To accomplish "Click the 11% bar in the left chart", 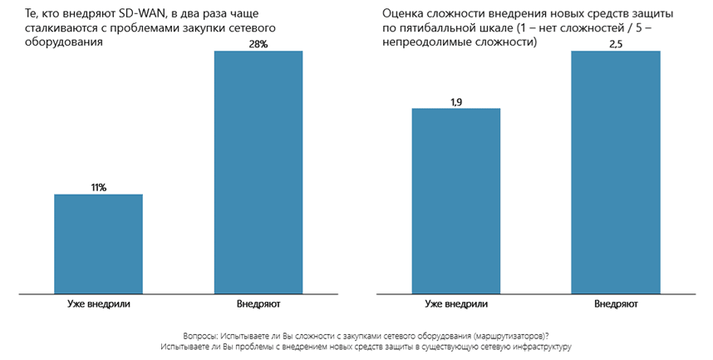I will pyautogui.click(x=98, y=244).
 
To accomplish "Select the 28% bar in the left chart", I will pyautogui.click(x=258, y=172).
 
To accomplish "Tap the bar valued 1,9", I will pyautogui.click(x=455, y=200).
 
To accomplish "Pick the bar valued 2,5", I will pyautogui.click(x=616, y=172).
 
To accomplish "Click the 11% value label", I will pyautogui.click(x=98, y=188).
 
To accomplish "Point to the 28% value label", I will pyautogui.click(x=258, y=45).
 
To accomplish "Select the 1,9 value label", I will pyautogui.click(x=455, y=101).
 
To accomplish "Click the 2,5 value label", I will pyautogui.click(x=616, y=45).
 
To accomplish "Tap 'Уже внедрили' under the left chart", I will pyautogui.click(x=98, y=304).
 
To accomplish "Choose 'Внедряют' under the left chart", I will pyautogui.click(x=258, y=304).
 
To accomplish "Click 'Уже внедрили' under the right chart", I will pyautogui.click(x=455, y=304).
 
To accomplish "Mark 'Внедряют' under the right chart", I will pyautogui.click(x=616, y=304).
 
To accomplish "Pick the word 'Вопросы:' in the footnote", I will pyautogui.click(x=201, y=334).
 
